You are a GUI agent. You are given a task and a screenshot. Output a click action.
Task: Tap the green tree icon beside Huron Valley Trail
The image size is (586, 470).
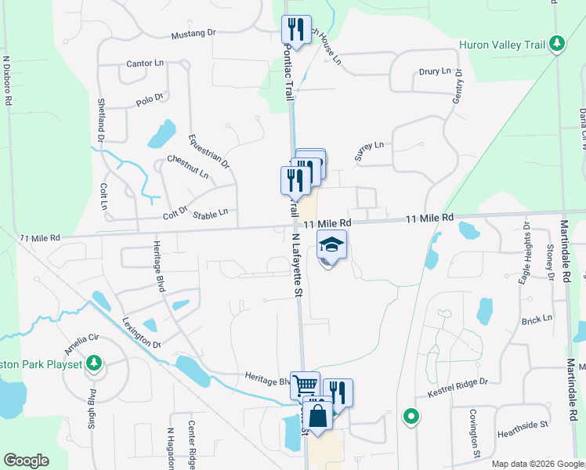(x=557, y=42)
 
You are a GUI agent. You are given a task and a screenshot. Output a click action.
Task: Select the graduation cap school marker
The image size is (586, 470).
(x=332, y=245)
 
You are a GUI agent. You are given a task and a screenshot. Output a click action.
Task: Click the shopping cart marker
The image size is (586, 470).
(x=305, y=385)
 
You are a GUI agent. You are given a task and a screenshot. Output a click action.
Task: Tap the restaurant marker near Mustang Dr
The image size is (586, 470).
(x=296, y=30)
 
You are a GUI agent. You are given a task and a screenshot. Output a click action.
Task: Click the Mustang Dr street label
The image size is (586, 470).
(x=194, y=34)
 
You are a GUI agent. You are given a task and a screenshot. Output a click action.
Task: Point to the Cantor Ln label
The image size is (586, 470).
(x=144, y=63)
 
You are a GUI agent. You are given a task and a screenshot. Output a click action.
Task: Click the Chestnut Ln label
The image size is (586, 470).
(x=188, y=166)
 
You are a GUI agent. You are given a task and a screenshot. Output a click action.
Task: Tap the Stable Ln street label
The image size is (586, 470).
(x=210, y=212)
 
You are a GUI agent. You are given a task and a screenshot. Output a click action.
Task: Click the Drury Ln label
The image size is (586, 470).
(x=435, y=71)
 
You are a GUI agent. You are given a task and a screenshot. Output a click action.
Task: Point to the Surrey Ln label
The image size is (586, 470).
(x=369, y=150)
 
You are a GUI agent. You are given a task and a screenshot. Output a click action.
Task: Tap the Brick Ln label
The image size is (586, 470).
(x=537, y=320)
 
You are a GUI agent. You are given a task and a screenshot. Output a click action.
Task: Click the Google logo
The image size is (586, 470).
(x=26, y=461)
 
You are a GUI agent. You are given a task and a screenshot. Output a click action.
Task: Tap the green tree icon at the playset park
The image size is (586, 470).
(x=95, y=363)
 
